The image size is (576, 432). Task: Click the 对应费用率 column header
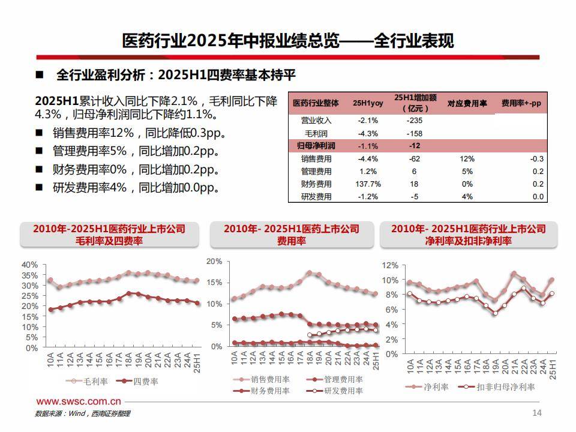pos(467,103)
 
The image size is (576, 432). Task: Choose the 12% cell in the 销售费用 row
pos(467,159)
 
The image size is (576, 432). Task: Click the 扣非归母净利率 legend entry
pos(497,387)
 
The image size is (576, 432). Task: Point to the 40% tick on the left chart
pos(29,265)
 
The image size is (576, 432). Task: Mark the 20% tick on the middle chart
pos(214,262)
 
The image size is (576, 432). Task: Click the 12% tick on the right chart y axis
pos(390,265)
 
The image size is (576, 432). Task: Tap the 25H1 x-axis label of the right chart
pos(552,368)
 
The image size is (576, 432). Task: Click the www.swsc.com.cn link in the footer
pos(79,401)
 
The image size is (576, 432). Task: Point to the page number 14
pos(537,413)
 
